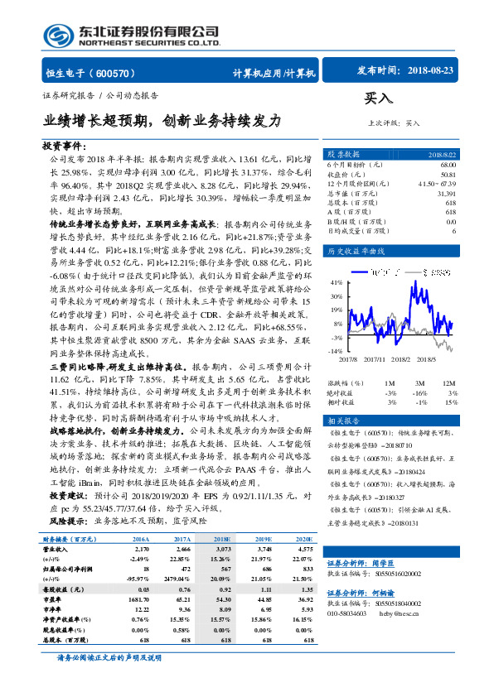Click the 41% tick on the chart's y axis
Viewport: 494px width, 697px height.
tap(335, 282)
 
